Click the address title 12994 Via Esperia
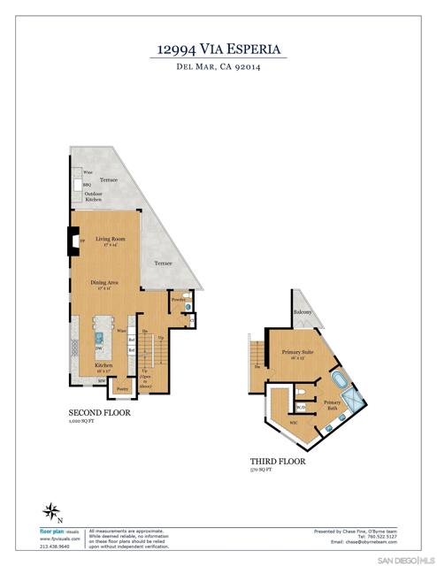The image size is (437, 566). tap(218, 50)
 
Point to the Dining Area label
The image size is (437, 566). tap(104, 282)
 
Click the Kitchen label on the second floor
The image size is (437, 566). tap(103, 365)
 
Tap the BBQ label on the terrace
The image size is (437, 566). tap(87, 185)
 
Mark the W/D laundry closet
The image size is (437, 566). tap(301, 408)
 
